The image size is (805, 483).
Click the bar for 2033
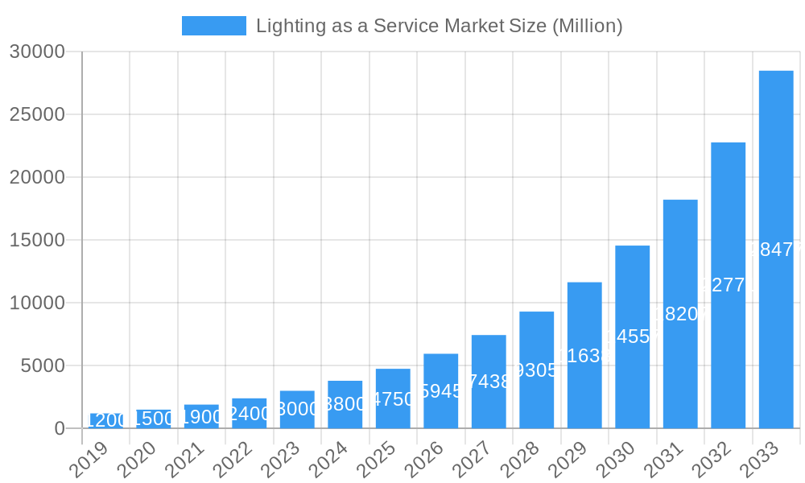tap(776, 250)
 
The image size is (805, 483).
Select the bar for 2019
tap(105, 421)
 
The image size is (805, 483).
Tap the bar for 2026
tap(440, 391)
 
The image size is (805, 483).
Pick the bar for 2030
tap(632, 336)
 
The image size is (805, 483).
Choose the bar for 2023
tap(297, 410)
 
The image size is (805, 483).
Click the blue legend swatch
tap(213, 26)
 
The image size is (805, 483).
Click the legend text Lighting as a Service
tap(439, 26)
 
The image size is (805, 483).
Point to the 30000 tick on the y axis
tap(37, 52)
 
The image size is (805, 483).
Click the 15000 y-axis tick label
tap(37, 240)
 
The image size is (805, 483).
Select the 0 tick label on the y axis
tap(60, 429)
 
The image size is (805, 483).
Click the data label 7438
tap(489, 382)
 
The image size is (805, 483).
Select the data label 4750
tap(393, 399)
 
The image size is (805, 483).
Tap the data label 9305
tap(536, 370)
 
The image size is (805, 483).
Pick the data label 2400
tap(250, 414)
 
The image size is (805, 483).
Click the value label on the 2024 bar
tap(345, 404)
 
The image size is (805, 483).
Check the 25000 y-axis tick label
tap(37, 114)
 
